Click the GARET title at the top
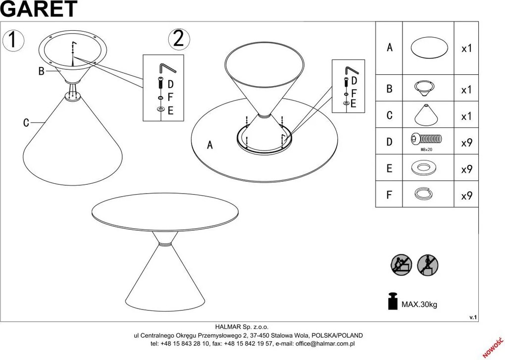pos(39,8)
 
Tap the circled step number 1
pos(13,40)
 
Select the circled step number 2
pos(179,39)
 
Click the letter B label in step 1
pos(41,71)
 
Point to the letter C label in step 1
pos(26,123)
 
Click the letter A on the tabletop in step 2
pos(210,145)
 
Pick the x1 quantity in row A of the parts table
pos(467,49)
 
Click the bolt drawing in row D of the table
pos(426,139)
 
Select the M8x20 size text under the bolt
pos(426,150)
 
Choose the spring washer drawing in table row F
pos(423,194)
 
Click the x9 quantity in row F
pos(467,196)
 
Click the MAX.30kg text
pos(419,304)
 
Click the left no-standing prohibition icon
pos(402,265)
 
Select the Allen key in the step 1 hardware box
pos(167,69)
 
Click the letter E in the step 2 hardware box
pos(353,103)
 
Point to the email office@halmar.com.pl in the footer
pos(325,344)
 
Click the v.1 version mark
pos(473,317)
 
